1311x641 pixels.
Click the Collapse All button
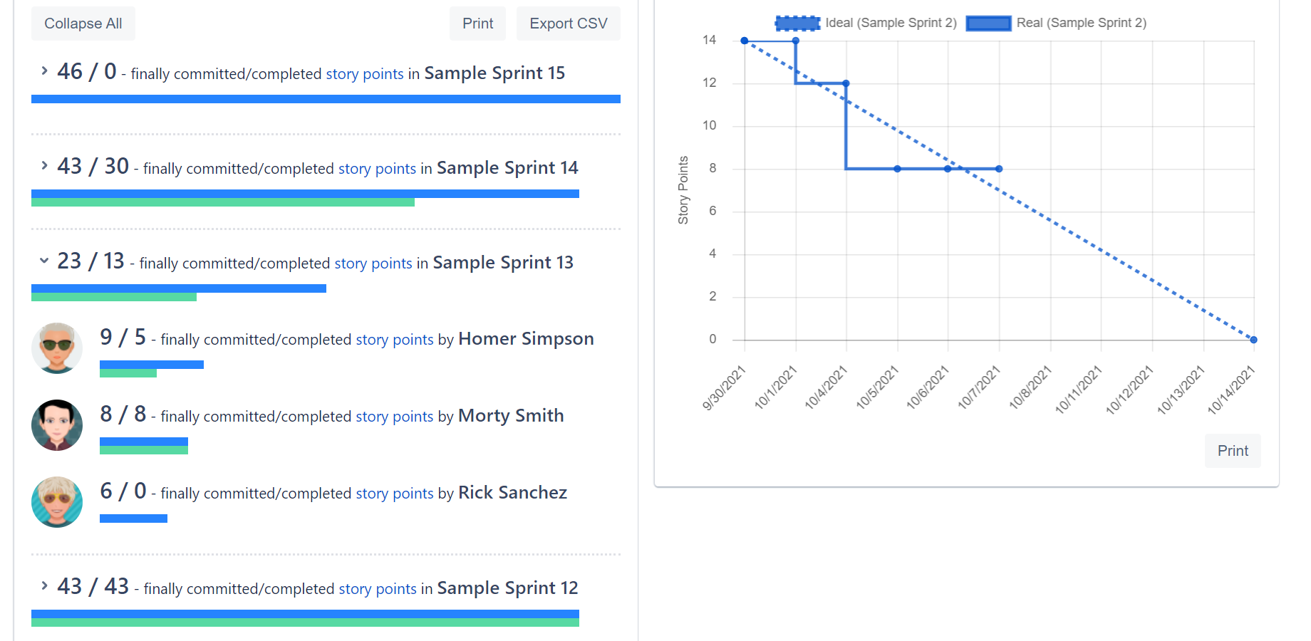pyautogui.click(x=83, y=24)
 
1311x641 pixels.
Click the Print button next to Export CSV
pyautogui.click(x=477, y=24)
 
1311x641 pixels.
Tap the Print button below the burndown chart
pyautogui.click(x=1232, y=451)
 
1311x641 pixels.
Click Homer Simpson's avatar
pyautogui.click(x=57, y=348)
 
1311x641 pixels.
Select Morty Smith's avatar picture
pyautogui.click(x=57, y=425)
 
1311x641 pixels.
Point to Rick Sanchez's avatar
pyautogui.click(x=57, y=502)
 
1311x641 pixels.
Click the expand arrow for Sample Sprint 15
pyautogui.click(x=44, y=71)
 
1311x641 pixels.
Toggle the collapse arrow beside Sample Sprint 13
pyautogui.click(x=44, y=261)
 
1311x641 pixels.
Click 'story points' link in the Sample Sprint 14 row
pyautogui.click(x=377, y=169)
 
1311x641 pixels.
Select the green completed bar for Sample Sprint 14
pyautogui.click(x=222, y=202)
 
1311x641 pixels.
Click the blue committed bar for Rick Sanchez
pyautogui.click(x=133, y=518)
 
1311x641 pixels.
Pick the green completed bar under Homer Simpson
pyautogui.click(x=128, y=373)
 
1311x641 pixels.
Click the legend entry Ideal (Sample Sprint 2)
pyautogui.click(x=866, y=23)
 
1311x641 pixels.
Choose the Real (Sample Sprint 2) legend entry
pyautogui.click(x=1057, y=23)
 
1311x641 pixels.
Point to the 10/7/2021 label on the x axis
pyautogui.click(x=980, y=388)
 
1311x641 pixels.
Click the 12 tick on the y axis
pyautogui.click(x=709, y=83)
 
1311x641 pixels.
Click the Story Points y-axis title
pyautogui.click(x=683, y=190)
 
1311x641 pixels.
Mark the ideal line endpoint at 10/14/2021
pyautogui.click(x=1253, y=340)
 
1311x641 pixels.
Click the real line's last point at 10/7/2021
pyautogui.click(x=999, y=169)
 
